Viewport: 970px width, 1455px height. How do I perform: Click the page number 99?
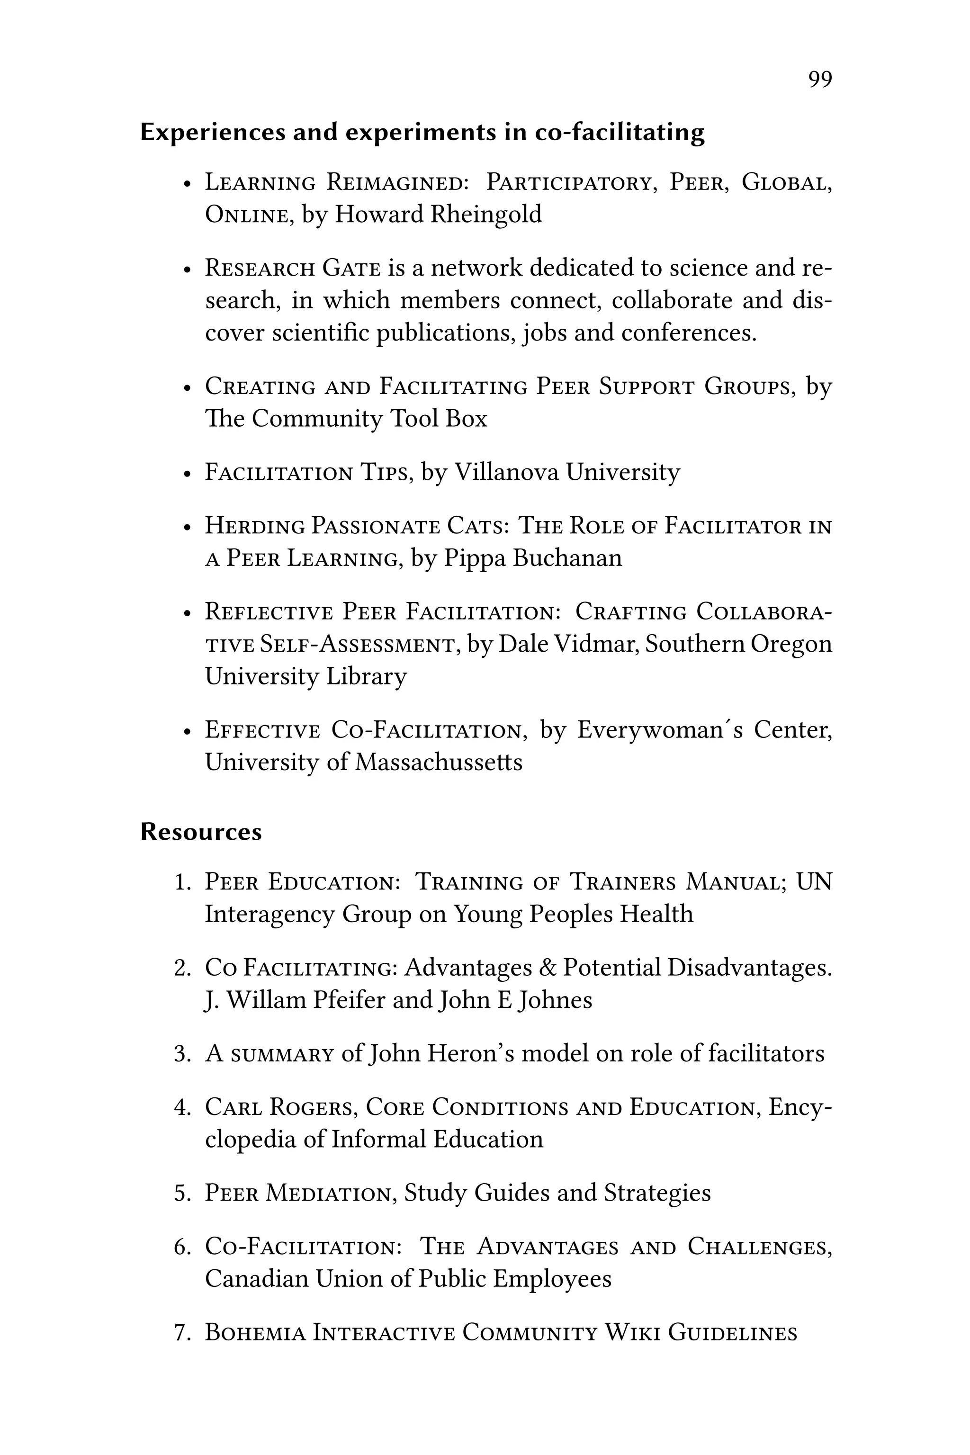coord(820,79)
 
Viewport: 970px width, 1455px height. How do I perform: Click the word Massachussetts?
coord(438,762)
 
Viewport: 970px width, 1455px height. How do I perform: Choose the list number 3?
coord(182,1053)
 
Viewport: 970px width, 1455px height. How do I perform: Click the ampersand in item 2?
coord(547,968)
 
